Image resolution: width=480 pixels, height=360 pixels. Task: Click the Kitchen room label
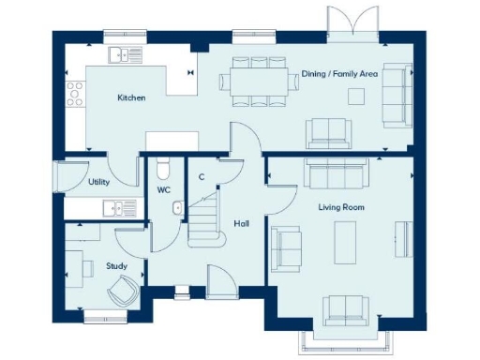point(130,97)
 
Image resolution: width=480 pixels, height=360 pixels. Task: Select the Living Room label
point(340,206)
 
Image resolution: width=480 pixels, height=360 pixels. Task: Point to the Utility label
point(98,182)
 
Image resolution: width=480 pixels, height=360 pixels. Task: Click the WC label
point(163,190)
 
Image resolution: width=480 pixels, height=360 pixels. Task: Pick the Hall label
point(241,223)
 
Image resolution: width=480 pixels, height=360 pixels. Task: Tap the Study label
point(116,265)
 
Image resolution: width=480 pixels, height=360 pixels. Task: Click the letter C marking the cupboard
point(202,176)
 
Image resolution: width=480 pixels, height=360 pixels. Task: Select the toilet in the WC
point(164,170)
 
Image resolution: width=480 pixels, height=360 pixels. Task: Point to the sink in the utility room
point(113,208)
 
